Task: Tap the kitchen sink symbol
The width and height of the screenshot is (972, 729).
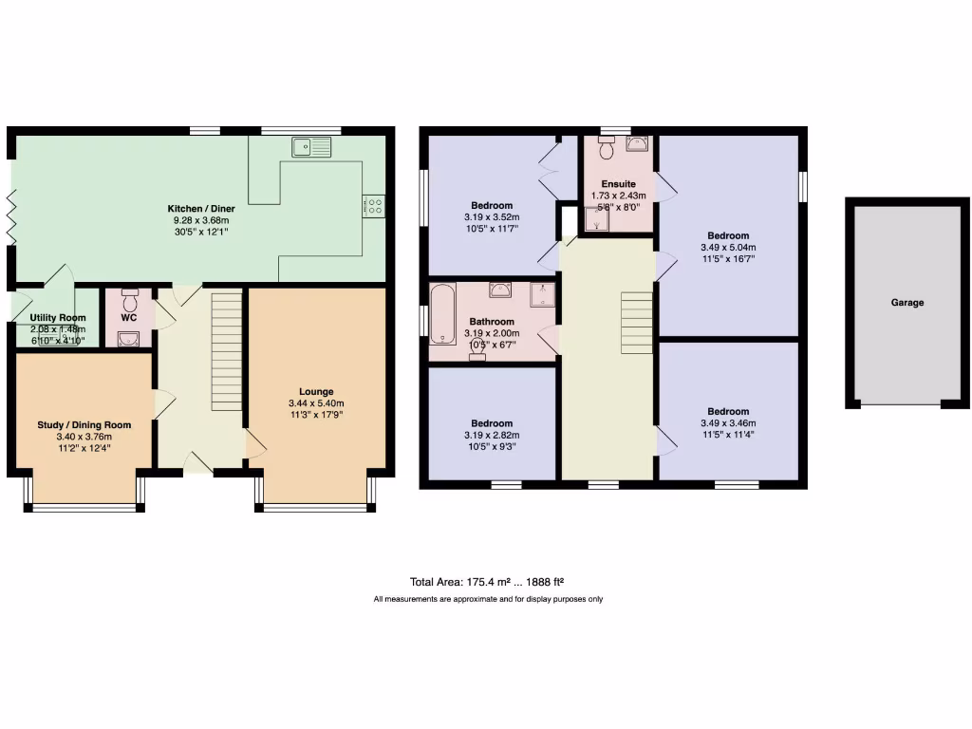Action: [312, 147]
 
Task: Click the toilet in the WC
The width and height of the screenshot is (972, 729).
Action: [130, 302]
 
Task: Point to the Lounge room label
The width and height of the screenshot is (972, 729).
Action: [315, 391]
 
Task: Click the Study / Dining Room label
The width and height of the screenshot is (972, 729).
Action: [84, 424]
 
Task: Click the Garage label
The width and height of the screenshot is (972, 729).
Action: [907, 303]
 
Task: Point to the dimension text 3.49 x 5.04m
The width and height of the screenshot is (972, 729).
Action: [728, 247]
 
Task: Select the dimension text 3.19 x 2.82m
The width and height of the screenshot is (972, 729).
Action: [492, 435]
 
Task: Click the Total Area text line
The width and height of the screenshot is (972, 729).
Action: [488, 582]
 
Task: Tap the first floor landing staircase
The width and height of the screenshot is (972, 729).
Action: [636, 323]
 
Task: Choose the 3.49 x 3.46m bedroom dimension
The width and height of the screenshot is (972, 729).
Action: [728, 423]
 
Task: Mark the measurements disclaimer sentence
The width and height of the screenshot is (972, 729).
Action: [488, 599]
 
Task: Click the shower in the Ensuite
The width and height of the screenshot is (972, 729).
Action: [597, 219]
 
